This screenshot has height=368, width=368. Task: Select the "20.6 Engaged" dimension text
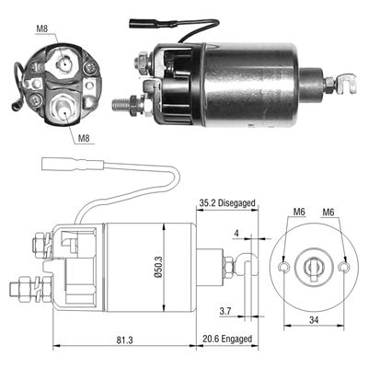228,340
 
